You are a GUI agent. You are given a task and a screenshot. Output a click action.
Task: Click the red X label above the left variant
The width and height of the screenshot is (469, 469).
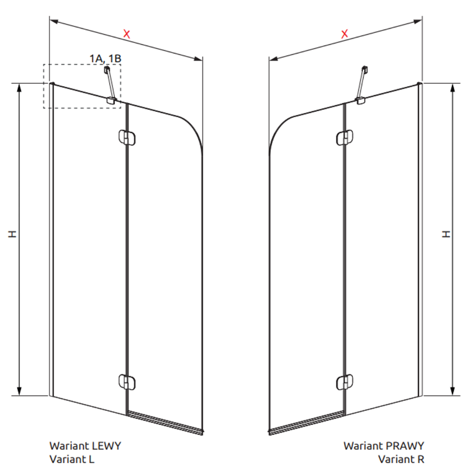[x=127, y=34]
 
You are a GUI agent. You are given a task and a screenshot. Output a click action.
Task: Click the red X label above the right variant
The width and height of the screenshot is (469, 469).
[x=345, y=34]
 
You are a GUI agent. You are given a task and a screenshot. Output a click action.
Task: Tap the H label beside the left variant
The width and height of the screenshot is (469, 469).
[x=12, y=234]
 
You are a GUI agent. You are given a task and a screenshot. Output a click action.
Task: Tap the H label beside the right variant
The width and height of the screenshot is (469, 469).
[x=446, y=234]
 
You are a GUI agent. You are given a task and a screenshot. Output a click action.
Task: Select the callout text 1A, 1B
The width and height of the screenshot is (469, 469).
[x=106, y=58]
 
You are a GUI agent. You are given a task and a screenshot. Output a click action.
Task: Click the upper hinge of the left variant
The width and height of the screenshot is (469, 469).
[x=127, y=138]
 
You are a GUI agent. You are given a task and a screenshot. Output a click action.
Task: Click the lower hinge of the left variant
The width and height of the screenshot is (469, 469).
[x=127, y=382]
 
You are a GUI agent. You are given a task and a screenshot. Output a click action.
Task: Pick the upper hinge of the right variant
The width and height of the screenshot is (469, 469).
[x=345, y=138]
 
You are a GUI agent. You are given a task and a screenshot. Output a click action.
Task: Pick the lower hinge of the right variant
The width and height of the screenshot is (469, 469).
[x=345, y=382]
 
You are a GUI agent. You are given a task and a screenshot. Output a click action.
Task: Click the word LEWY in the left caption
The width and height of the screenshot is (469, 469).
[x=106, y=446]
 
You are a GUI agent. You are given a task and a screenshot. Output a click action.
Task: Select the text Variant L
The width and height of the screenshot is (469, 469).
[x=72, y=459]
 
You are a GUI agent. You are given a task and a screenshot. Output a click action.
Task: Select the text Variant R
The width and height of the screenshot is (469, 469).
[x=401, y=459]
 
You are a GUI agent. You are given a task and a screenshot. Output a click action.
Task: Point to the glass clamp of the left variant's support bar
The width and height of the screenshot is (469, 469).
[x=111, y=100]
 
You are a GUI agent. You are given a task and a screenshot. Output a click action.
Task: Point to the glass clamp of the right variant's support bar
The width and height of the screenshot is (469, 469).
[x=360, y=101]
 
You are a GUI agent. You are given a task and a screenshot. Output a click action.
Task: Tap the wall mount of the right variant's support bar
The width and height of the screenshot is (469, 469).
[x=365, y=70]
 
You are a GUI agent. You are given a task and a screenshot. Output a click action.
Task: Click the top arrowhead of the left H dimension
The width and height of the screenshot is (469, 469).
[x=19, y=88]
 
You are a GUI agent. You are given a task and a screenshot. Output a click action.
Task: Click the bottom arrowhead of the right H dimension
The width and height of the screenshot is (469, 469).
[x=453, y=391]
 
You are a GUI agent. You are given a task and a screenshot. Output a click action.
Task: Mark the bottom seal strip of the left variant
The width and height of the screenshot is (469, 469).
[x=165, y=422]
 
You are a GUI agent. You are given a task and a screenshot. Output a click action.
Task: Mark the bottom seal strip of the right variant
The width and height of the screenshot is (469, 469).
[x=306, y=423]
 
